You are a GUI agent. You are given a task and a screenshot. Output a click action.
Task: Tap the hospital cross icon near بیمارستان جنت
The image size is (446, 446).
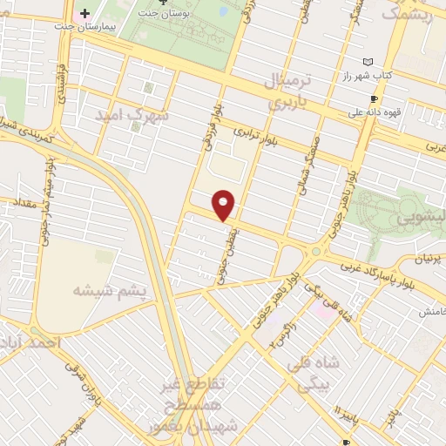pos(84,14)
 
